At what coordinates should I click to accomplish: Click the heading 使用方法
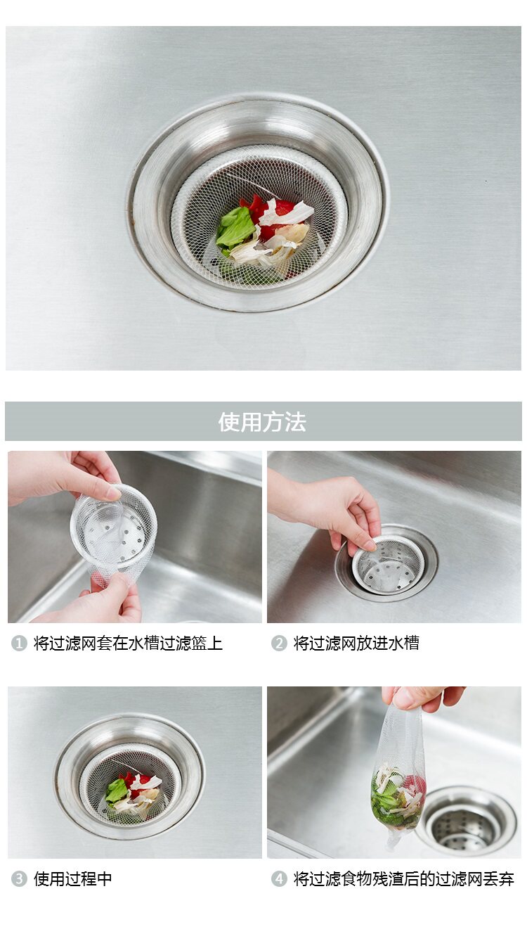coord(262,422)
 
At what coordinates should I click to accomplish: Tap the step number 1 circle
coord(19,643)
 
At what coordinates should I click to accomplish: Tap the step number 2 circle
coord(279,643)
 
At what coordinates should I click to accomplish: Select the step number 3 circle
coord(19,878)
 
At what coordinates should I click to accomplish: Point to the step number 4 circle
coord(279,878)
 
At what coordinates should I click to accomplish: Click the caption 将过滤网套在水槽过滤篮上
coord(128,643)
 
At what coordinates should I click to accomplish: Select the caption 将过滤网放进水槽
coord(356,643)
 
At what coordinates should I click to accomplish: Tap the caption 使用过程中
coord(72,878)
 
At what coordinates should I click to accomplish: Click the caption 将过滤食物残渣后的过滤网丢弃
coord(403,878)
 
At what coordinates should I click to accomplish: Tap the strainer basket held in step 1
coord(113,525)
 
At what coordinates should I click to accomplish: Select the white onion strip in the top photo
coord(285,215)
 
